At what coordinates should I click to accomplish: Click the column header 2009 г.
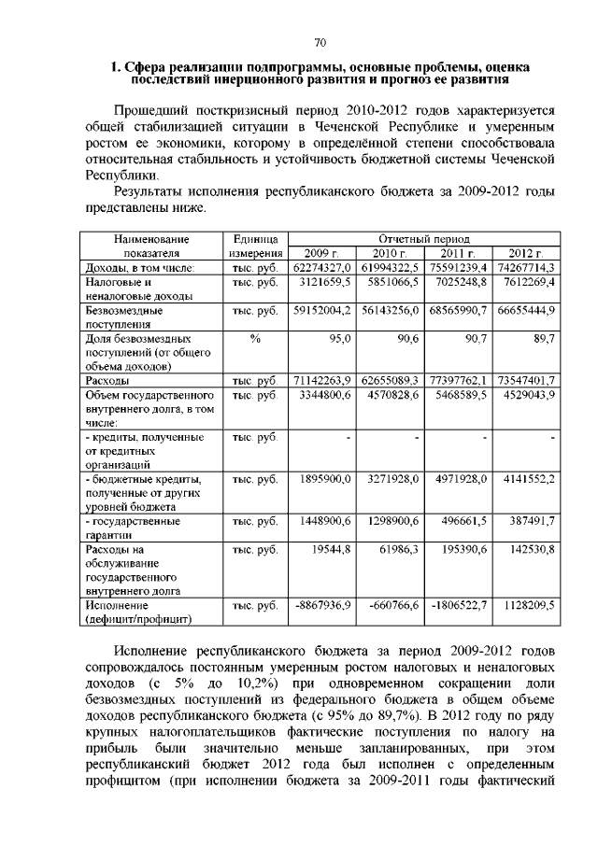coord(320,253)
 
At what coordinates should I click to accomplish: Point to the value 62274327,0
coord(320,267)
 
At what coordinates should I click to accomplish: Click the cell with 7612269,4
coord(526,281)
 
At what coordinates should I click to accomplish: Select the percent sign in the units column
coord(255,339)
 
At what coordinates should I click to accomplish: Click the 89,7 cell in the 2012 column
coord(542,339)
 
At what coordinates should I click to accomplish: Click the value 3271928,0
coord(393,478)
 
